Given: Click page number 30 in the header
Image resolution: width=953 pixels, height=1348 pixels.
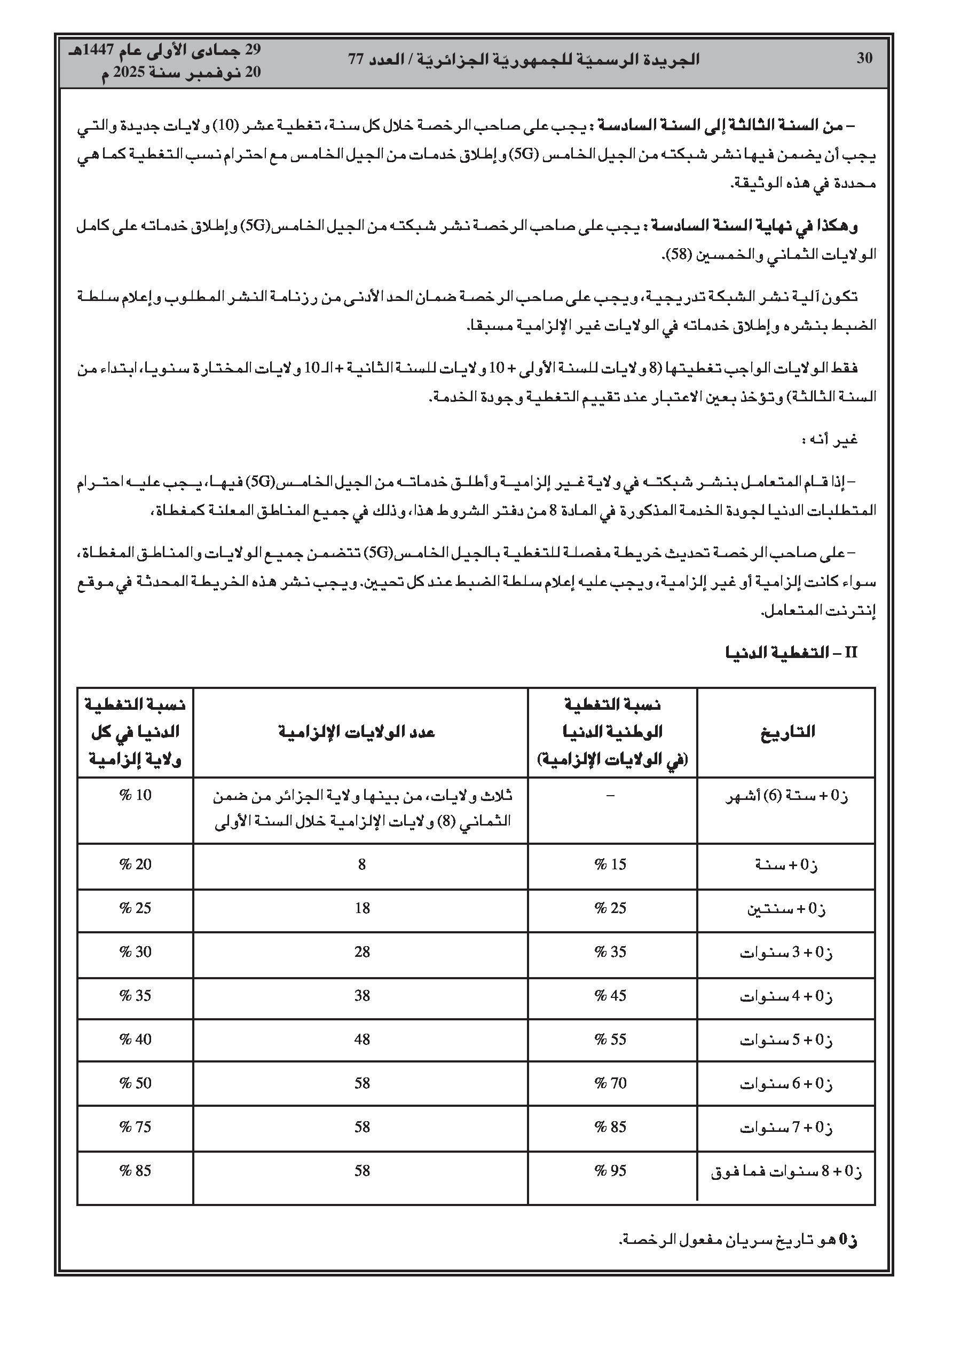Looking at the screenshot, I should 864,58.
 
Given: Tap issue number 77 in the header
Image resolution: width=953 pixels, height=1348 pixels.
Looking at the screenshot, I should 357,59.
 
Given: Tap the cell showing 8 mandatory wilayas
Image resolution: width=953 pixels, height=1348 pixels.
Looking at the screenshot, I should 362,864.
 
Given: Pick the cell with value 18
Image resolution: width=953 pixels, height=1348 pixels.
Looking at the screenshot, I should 362,908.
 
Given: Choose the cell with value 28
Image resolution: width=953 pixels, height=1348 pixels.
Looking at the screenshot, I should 362,951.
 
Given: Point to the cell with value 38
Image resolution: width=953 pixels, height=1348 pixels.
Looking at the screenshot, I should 362,996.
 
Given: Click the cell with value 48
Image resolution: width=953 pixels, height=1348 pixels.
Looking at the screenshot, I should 362,1039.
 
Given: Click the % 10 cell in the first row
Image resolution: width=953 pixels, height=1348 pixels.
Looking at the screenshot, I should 136,795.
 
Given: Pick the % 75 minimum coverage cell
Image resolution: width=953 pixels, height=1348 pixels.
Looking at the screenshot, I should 136,1127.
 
